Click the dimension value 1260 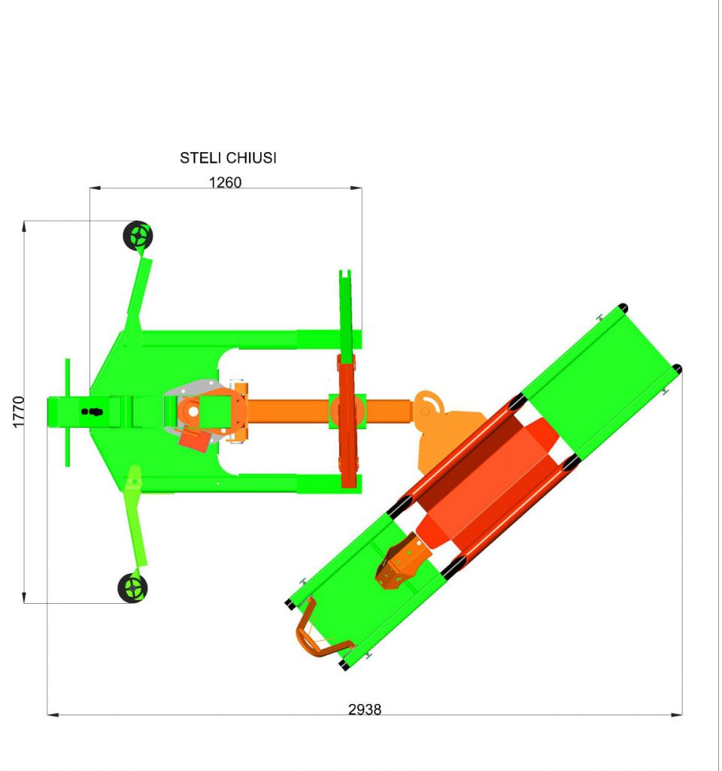click(226, 182)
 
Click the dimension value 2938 click(365, 709)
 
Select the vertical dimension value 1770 click(18, 412)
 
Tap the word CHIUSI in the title click(251, 158)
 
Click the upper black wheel click(138, 236)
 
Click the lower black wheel click(132, 587)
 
